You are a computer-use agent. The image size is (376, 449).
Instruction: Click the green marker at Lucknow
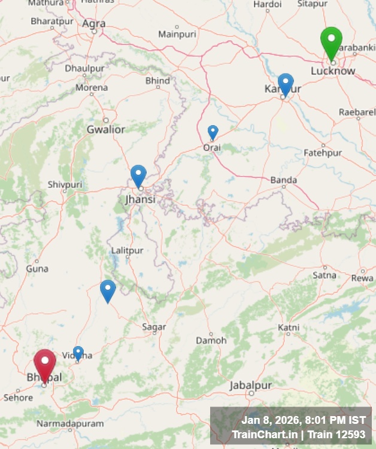click(x=331, y=42)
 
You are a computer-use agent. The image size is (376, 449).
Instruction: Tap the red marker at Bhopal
click(x=45, y=364)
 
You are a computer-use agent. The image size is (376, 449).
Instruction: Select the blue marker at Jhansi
click(x=138, y=175)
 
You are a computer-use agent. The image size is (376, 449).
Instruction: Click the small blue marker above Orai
click(x=213, y=132)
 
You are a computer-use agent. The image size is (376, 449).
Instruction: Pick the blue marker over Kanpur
click(x=286, y=84)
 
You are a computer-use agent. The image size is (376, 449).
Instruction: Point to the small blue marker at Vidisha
click(x=78, y=353)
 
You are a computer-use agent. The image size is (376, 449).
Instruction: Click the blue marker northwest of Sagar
click(x=108, y=290)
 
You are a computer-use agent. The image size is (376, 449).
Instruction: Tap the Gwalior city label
click(x=106, y=129)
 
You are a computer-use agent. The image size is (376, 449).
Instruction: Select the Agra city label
click(x=94, y=24)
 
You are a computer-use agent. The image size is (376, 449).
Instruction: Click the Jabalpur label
click(x=251, y=385)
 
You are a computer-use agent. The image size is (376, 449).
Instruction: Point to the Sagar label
click(x=154, y=327)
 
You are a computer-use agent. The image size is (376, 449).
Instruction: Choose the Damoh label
click(x=211, y=340)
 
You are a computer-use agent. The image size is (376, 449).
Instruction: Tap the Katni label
click(x=289, y=327)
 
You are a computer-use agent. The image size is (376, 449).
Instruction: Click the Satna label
click(x=325, y=275)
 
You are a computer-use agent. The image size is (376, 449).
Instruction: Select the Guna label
click(x=37, y=269)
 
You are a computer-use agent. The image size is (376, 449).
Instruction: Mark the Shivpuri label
click(x=65, y=184)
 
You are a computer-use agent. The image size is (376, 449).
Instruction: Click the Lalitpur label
click(x=128, y=250)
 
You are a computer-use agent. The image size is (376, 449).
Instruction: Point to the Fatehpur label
click(x=323, y=153)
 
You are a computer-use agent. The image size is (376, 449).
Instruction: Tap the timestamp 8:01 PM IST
click(x=331, y=420)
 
